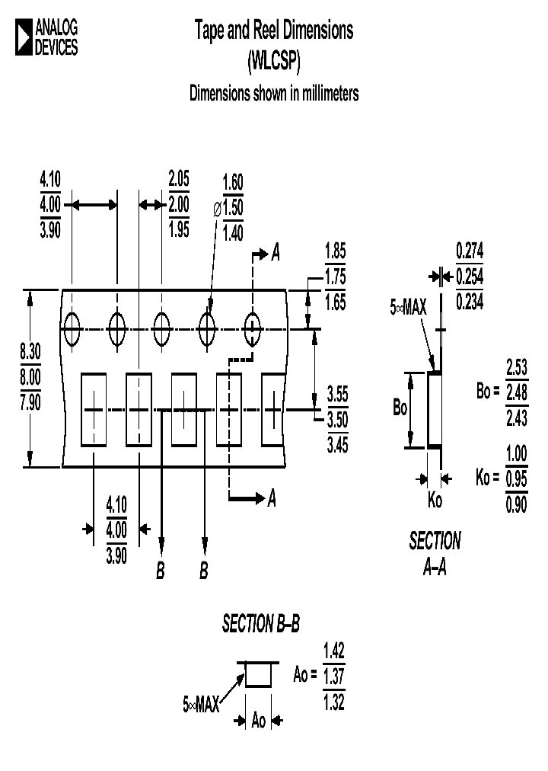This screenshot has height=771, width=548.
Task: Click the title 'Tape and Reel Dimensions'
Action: (274, 31)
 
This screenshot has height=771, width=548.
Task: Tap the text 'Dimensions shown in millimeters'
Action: (274, 94)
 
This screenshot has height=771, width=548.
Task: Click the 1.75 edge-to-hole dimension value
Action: (335, 277)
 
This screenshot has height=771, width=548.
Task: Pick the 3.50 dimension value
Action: (337, 420)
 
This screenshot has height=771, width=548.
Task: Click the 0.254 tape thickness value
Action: (470, 276)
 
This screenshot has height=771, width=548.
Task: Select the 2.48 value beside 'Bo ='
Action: (517, 392)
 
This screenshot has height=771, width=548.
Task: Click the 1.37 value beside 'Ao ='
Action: (334, 676)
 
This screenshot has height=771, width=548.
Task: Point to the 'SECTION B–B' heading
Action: (261, 625)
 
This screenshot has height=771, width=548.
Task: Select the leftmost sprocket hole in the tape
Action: (72, 329)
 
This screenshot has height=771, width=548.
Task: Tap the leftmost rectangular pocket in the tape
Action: (93, 409)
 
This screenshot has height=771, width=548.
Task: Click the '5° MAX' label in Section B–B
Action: (201, 705)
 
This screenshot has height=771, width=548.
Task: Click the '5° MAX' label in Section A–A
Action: (409, 308)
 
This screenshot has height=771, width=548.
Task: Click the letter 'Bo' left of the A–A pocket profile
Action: (400, 408)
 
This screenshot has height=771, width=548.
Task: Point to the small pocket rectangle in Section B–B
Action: (259, 675)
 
